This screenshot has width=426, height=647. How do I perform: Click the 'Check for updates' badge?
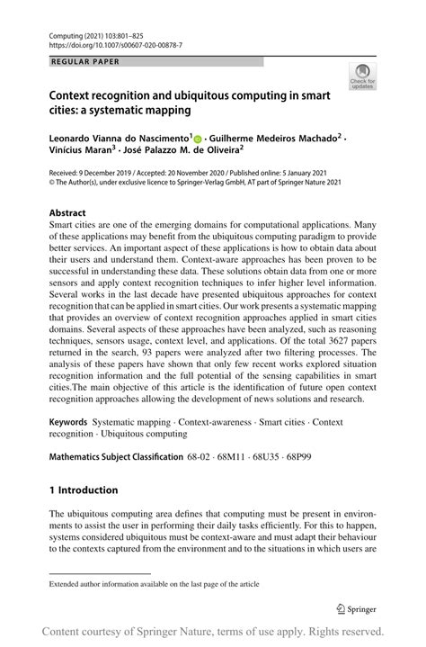click(x=363, y=76)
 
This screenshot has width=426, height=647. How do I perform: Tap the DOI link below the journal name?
click(x=117, y=44)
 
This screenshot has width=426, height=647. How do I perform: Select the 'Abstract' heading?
click(x=68, y=213)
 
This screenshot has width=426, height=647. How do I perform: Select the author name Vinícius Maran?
click(x=84, y=152)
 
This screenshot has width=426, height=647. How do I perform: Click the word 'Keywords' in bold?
click(x=74, y=421)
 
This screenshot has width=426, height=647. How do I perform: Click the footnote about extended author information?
click(x=154, y=583)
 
